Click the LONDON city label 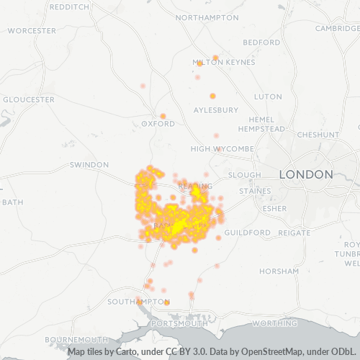(x=306, y=174)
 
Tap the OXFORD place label (x=158, y=124)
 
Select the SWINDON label (x=89, y=165)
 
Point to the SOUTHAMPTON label (x=138, y=301)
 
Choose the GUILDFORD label (x=248, y=233)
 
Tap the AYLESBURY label (x=215, y=110)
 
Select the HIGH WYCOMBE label (x=222, y=148)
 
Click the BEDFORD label (x=261, y=42)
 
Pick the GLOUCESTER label (x=29, y=99)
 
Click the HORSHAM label (x=281, y=271)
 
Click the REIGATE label (x=294, y=233)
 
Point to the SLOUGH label (x=244, y=175)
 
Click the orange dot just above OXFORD (x=163, y=116)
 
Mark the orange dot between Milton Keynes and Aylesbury (x=212, y=96)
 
